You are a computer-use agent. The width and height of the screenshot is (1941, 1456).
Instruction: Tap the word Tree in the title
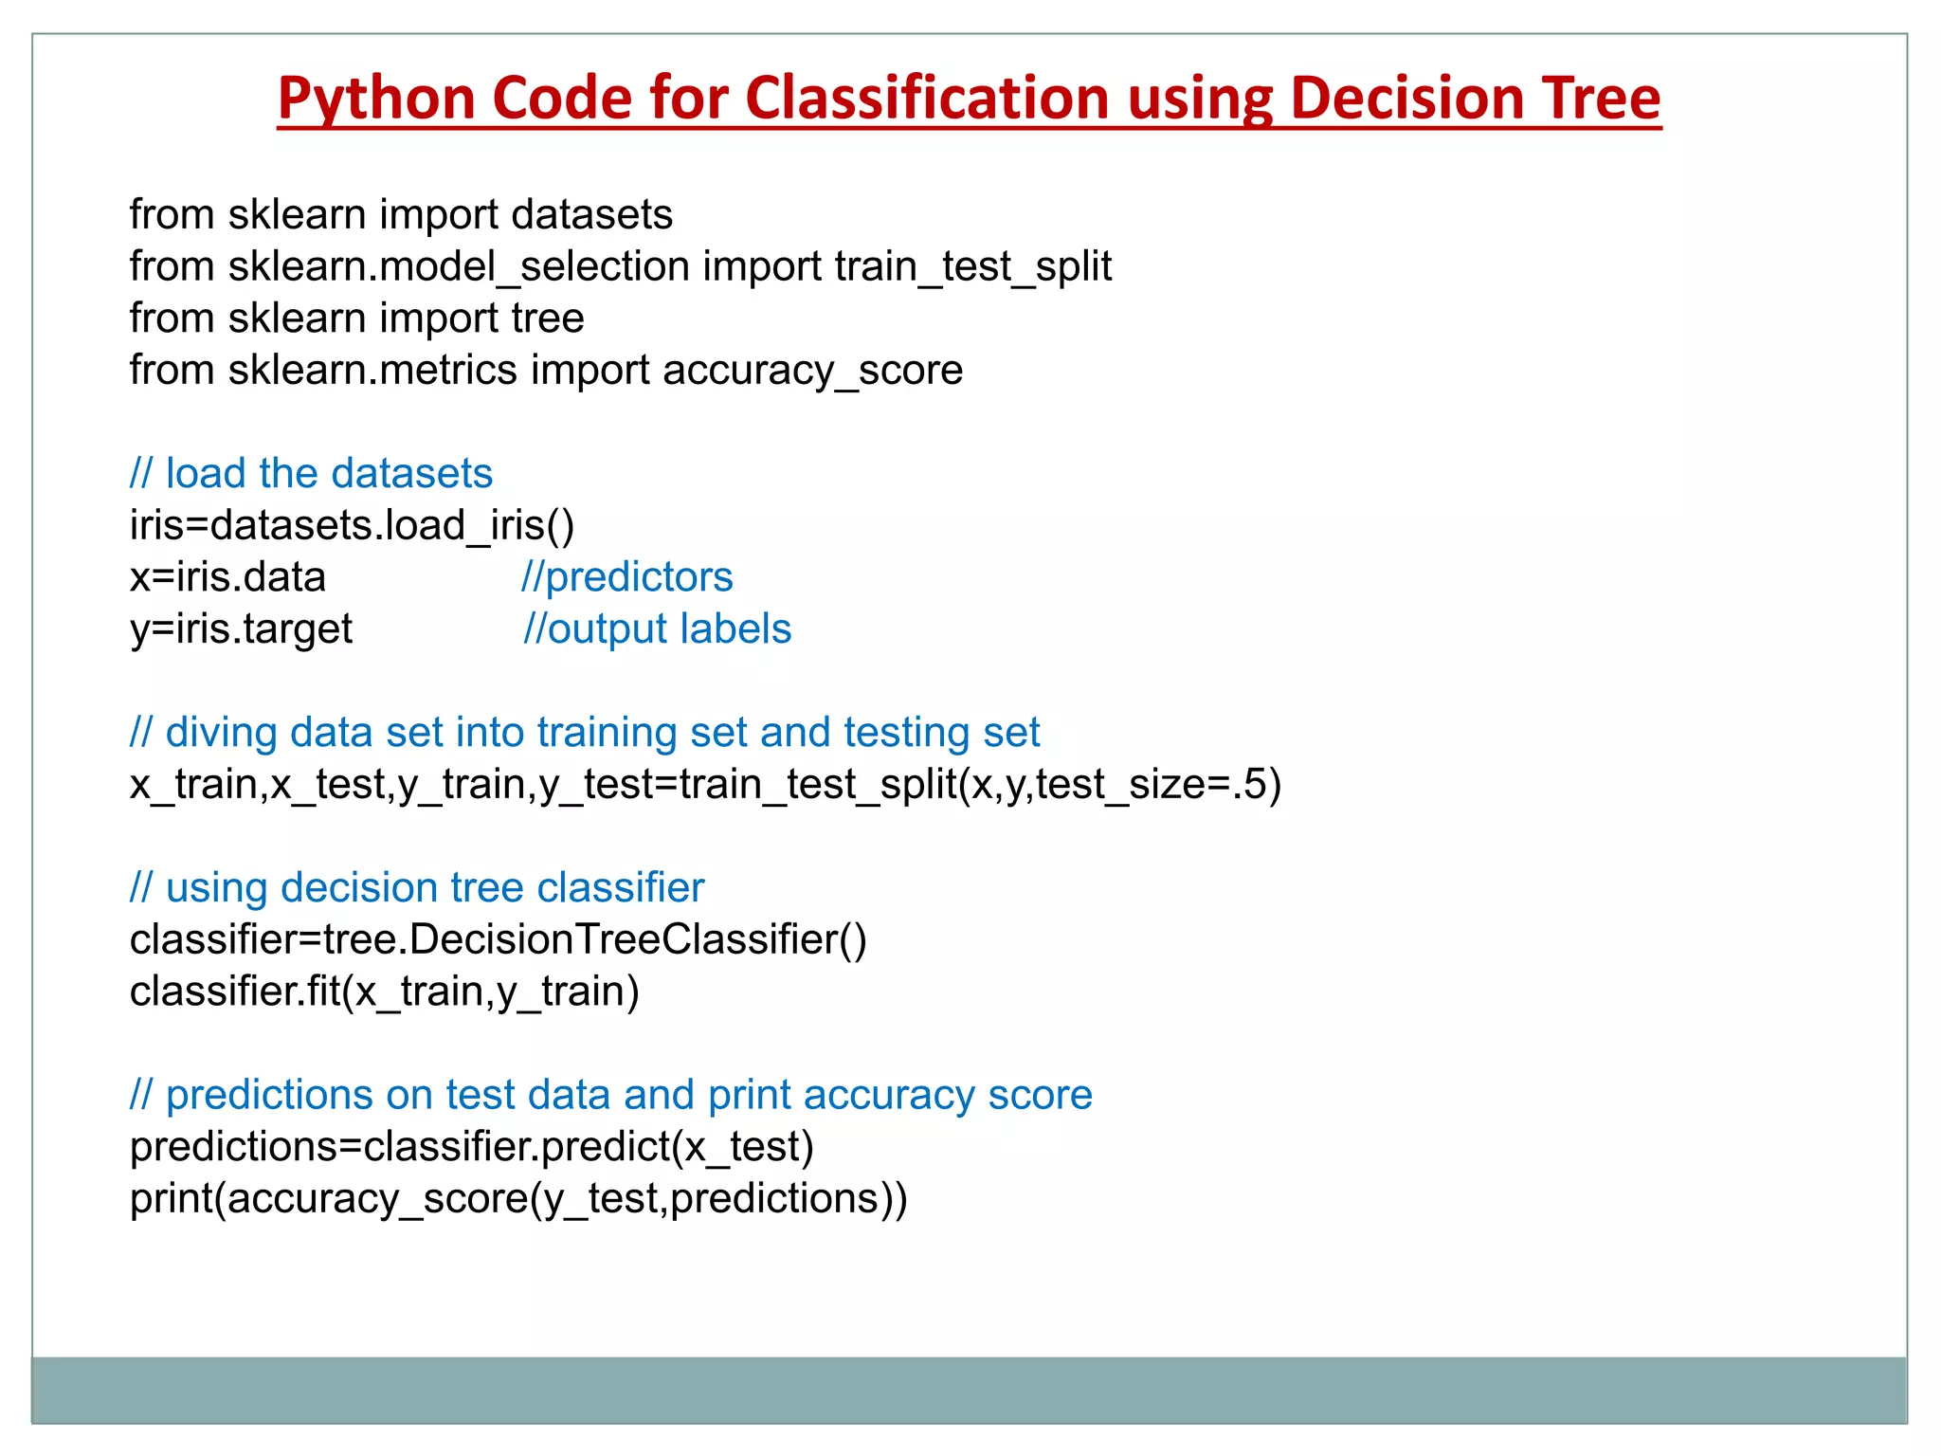pos(1601,100)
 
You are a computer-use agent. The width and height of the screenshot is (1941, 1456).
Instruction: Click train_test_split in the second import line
pos(972,267)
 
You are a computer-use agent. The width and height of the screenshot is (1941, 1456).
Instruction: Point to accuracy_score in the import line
pos(812,371)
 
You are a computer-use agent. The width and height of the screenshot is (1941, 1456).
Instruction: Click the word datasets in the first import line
pos(591,215)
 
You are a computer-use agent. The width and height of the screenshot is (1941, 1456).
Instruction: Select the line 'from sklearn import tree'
pos(356,318)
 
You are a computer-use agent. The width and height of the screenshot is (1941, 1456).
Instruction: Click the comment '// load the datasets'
pos(311,474)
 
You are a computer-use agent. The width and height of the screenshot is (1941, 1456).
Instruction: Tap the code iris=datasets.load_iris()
pos(352,526)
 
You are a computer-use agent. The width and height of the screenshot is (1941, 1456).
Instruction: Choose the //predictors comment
pos(626,577)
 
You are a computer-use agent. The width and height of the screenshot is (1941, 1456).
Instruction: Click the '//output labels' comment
pos(657,629)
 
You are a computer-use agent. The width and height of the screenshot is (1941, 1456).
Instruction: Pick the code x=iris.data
pos(227,577)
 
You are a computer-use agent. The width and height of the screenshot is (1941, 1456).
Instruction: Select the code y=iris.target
pos(241,629)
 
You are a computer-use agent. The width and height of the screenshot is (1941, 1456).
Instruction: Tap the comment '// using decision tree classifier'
pos(417,888)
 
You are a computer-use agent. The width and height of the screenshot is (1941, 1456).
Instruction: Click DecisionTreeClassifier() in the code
pos(637,940)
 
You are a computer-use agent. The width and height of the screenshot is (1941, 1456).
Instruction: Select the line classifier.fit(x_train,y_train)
pos(384,992)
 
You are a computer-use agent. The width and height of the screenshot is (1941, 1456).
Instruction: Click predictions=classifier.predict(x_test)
pos(471,1147)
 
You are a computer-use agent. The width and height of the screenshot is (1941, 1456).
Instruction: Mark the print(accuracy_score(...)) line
pos(518,1199)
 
